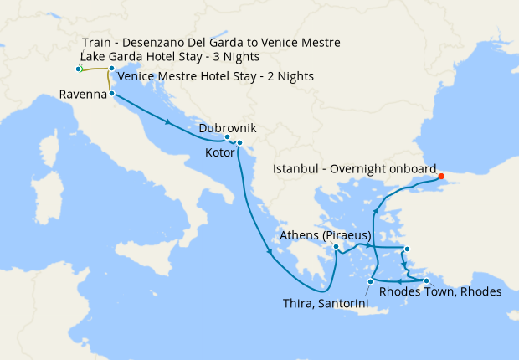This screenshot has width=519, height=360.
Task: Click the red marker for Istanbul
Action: (441, 177)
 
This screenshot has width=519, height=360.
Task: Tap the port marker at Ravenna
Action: (112, 95)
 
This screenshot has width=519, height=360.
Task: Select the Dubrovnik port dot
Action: (227, 137)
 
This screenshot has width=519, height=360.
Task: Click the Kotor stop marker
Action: (239, 143)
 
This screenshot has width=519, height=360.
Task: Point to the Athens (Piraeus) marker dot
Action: (336, 246)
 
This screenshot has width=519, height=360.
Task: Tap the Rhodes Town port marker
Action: (426, 280)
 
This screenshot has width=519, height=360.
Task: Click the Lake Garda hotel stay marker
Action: (78, 69)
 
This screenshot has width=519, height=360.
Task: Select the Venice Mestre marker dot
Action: (111, 69)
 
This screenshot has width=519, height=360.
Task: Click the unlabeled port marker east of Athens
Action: (406, 249)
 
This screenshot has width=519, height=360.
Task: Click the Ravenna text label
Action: (82, 95)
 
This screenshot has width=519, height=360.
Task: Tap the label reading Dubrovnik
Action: (227, 128)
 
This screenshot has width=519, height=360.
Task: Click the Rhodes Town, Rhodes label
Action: (440, 292)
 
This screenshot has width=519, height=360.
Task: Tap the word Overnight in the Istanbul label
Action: (360, 169)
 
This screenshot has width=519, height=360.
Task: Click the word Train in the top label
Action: (99, 43)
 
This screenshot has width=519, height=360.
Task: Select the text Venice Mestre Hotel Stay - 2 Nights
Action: (216, 76)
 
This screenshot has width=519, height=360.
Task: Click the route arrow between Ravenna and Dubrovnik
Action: (170, 123)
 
